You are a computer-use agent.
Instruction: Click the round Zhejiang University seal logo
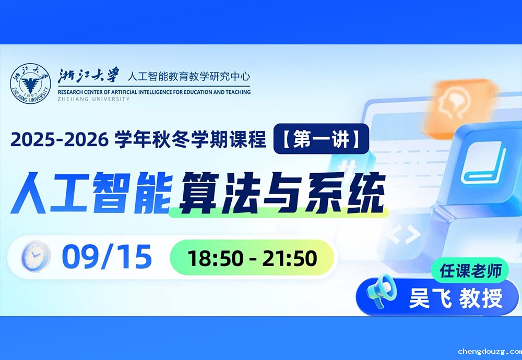click(30, 83)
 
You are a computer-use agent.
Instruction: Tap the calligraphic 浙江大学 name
click(88, 76)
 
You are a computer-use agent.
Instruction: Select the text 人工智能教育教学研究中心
click(188, 77)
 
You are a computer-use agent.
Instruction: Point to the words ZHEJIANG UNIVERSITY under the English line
click(93, 99)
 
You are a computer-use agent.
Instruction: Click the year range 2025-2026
click(60, 139)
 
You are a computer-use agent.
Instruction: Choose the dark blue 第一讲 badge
click(321, 139)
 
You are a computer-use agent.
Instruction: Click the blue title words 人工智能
click(91, 193)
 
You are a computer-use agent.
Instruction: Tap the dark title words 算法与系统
click(282, 193)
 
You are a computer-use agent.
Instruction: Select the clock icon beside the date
click(35, 256)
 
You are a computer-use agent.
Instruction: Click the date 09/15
click(107, 257)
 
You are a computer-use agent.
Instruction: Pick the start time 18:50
click(215, 258)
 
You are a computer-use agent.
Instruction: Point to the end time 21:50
click(290, 258)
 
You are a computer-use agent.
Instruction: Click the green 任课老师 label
click(470, 270)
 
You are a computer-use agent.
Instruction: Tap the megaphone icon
click(381, 290)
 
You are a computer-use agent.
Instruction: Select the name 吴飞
click(430, 298)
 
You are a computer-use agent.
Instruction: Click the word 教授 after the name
click(481, 298)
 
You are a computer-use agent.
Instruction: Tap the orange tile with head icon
click(461, 106)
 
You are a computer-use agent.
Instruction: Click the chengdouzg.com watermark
click(490, 351)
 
